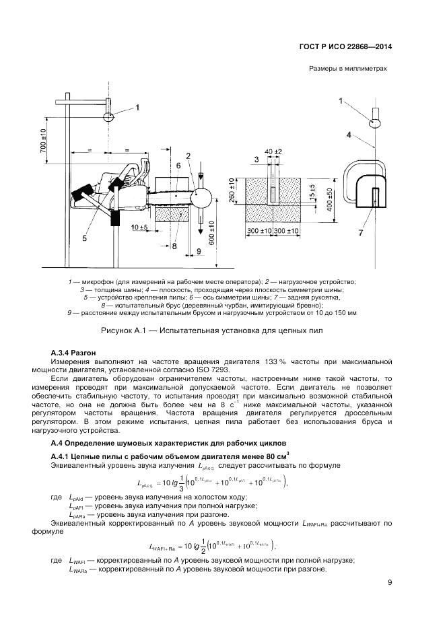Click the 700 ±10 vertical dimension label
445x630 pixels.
click(x=43, y=142)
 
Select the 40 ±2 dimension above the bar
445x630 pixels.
click(x=273, y=151)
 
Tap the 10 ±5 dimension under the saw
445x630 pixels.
click(x=140, y=227)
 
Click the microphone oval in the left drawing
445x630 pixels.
click(x=107, y=116)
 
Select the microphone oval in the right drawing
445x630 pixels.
click(x=374, y=123)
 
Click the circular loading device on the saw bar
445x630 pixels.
click(x=201, y=197)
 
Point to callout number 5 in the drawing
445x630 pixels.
click(x=85, y=238)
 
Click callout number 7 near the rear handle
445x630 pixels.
click(x=361, y=232)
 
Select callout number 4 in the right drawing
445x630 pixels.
click(x=349, y=135)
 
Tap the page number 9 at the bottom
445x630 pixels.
click(x=390, y=583)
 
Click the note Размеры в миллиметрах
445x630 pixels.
click(x=348, y=69)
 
